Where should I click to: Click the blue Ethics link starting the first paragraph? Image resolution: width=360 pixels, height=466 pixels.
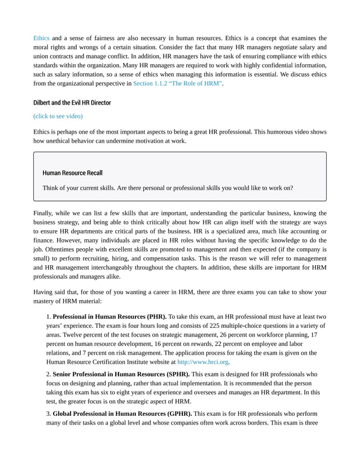[41, 38]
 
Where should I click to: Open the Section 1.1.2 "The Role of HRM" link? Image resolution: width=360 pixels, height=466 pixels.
[178, 83]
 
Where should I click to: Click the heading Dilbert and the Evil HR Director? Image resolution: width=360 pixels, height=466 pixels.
[72, 103]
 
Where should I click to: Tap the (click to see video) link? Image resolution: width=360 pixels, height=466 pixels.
[58, 116]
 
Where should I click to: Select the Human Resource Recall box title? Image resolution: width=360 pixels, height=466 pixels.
[72, 173]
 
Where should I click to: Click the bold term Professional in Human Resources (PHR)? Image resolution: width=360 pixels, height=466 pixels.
[109, 316]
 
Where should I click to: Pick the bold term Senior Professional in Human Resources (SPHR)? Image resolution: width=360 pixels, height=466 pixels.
[122, 374]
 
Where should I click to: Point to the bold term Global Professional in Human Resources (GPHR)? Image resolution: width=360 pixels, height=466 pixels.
[122, 414]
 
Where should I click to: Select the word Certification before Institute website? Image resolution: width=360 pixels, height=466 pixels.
[117, 362]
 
